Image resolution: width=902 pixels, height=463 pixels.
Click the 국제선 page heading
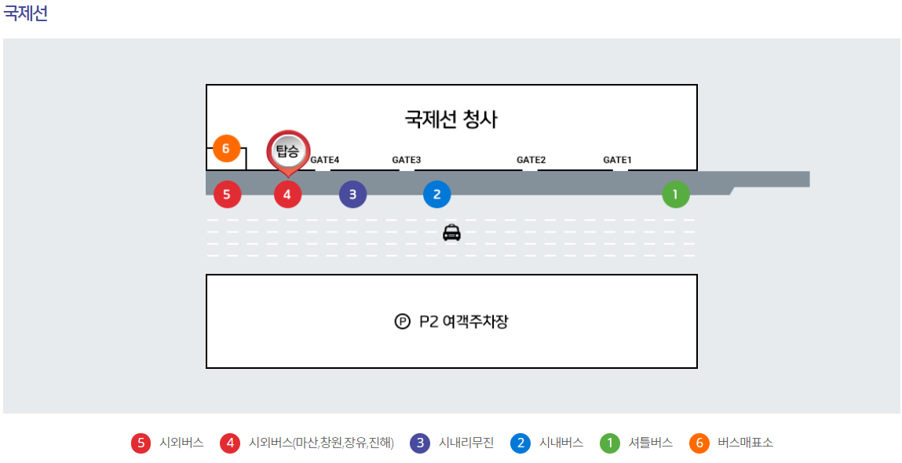tap(26, 14)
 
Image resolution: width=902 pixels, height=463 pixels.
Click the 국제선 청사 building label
tap(451, 119)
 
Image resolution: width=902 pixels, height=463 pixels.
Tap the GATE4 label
tap(324, 160)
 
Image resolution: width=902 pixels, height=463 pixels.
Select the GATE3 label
tap(407, 160)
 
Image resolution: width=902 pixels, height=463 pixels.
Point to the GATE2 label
tap(531, 160)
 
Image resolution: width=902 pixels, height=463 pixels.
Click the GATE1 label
tap(617, 160)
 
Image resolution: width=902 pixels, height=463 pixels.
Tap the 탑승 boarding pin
tap(288, 150)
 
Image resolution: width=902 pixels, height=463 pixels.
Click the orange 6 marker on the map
tap(225, 148)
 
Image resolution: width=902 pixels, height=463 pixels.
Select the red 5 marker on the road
tap(227, 194)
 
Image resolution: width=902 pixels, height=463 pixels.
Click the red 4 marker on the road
tap(287, 194)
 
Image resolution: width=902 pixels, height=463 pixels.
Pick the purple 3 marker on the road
tap(352, 194)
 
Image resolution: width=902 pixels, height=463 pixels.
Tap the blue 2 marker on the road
tap(436, 194)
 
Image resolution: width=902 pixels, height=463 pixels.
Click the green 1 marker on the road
tap(675, 194)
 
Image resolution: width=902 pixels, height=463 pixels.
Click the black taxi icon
tap(451, 232)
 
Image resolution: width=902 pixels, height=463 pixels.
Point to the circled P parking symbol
tap(402, 321)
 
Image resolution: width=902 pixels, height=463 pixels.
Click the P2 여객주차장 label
tap(463, 321)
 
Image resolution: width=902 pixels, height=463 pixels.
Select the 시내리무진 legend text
tap(466, 443)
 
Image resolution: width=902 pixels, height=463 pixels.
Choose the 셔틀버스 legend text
tap(651, 443)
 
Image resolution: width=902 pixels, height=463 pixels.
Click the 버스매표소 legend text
tap(745, 443)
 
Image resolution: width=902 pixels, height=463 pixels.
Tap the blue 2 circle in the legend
tap(520, 443)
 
